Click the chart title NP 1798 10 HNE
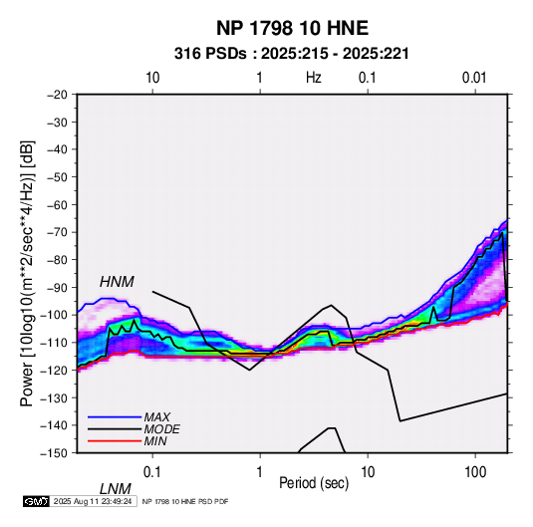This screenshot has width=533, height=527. tap(292, 28)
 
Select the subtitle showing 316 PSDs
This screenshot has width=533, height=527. tap(291, 54)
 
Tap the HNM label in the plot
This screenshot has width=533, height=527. tap(117, 282)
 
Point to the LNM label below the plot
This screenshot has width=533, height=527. tap(116, 489)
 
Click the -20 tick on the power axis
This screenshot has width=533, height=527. tap(57, 95)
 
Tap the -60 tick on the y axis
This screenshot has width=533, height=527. tap(57, 204)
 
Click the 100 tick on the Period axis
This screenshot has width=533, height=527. tap(475, 471)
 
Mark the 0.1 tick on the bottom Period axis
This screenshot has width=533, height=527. tap(151, 471)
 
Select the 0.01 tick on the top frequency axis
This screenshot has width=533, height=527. tap(474, 78)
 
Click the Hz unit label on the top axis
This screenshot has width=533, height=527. tap(314, 78)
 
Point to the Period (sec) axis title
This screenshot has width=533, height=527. tap(314, 483)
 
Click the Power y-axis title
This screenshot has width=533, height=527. tap(27, 273)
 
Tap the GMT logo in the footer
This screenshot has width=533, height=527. tap(37, 501)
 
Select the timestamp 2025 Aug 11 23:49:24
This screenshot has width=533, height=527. tap(93, 501)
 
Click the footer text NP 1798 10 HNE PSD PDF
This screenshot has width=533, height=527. tap(185, 501)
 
